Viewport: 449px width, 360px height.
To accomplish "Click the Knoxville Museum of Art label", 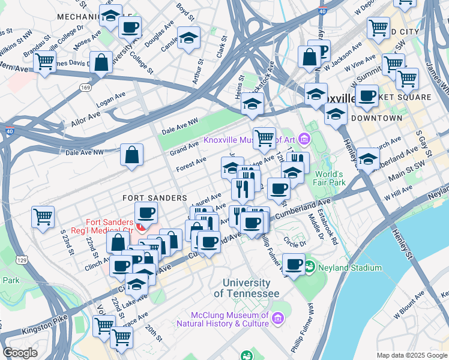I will (250, 140).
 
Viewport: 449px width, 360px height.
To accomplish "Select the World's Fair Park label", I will (329, 178).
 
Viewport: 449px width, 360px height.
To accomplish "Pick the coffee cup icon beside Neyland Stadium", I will (293, 264).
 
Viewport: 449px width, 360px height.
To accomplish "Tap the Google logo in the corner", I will (20, 353).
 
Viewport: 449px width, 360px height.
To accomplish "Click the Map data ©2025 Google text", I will (411, 355).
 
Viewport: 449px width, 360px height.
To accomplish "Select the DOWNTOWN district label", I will (376, 118).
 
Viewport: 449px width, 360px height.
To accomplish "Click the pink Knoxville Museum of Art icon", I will (304, 140).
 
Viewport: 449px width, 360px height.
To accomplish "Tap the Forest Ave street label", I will (191, 163).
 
